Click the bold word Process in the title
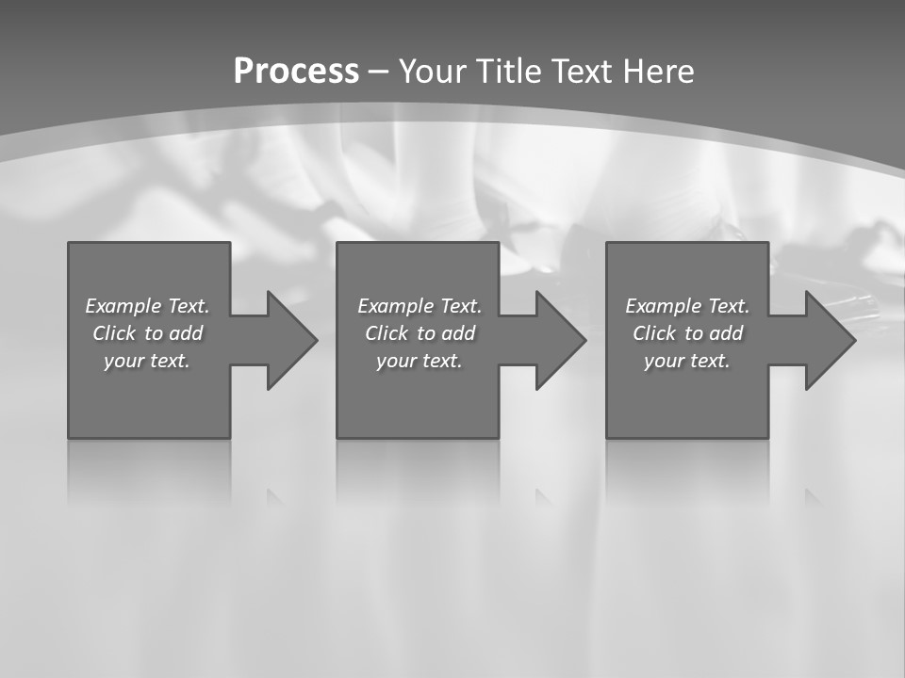296,72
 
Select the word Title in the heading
507,72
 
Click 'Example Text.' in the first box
147,306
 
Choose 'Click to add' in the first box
147,333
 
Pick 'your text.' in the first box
147,361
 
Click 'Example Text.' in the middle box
420,306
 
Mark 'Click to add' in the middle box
420,333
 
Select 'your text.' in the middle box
420,361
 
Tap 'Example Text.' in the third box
687,306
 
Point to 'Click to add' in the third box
687,333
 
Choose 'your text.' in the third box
687,361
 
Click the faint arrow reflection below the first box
274,496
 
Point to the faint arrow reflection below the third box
813,496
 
